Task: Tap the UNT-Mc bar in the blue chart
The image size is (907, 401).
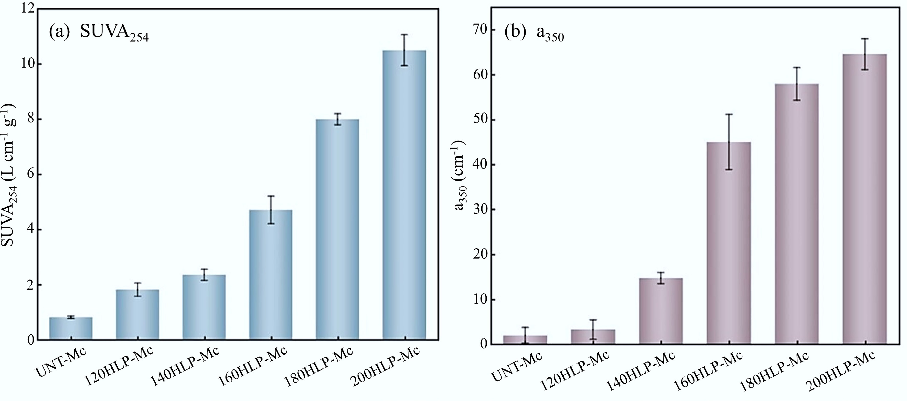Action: tap(71, 328)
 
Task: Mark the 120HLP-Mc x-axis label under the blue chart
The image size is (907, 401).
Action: tap(120, 370)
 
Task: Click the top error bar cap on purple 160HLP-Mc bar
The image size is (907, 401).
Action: tap(729, 114)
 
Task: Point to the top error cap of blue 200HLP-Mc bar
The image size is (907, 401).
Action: tap(404, 35)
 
